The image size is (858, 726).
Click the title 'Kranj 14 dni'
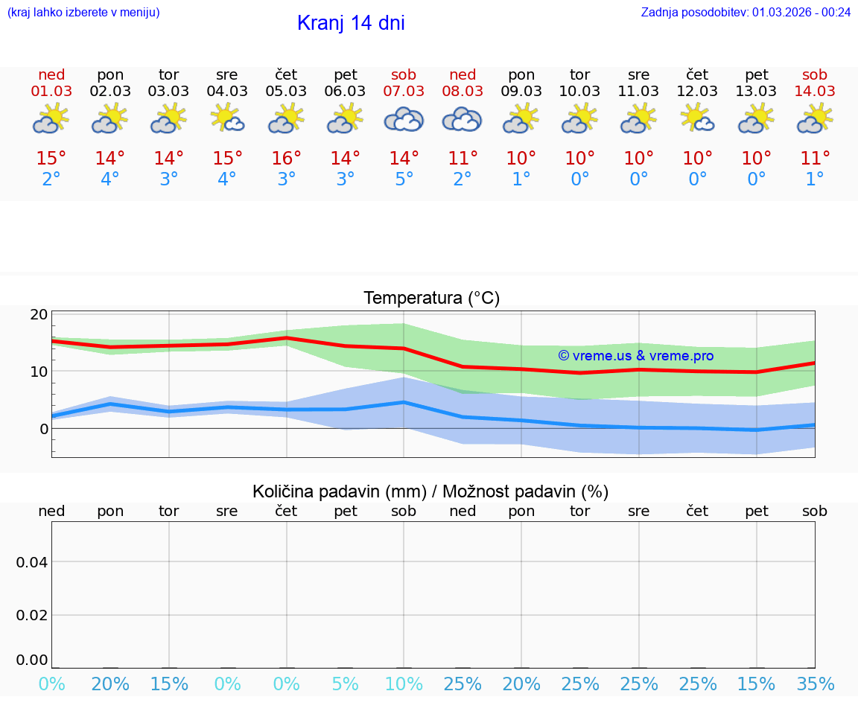tap(351, 23)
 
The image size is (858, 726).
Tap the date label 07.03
tap(404, 91)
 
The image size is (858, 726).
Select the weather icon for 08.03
tap(463, 119)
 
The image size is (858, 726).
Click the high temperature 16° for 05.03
tap(286, 159)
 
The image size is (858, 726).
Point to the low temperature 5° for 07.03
tap(404, 179)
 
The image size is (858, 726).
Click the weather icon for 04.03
tap(227, 118)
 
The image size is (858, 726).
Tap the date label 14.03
tap(815, 91)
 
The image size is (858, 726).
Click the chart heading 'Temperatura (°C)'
tap(431, 298)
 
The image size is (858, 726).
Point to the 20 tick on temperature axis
tap(39, 315)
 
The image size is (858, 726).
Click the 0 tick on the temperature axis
tap(43, 429)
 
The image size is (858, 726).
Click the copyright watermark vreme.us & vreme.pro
tap(635, 356)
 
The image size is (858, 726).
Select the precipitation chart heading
tap(430, 491)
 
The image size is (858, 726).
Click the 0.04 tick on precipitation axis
tap(32, 562)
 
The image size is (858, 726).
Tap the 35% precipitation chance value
tap(815, 684)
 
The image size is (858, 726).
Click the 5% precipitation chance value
tap(345, 684)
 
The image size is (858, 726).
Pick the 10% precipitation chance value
tap(404, 684)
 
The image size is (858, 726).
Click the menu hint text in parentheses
tap(83, 12)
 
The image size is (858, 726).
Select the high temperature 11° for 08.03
tap(463, 159)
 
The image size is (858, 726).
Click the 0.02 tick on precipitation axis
tap(32, 615)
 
